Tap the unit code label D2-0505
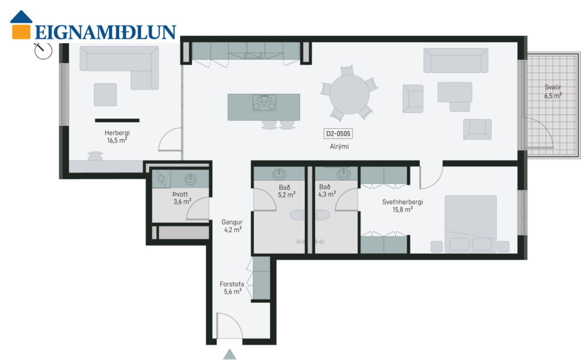click(x=338, y=134)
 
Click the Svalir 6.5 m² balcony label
click(x=552, y=90)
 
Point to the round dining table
click(x=350, y=93)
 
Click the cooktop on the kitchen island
click(x=264, y=103)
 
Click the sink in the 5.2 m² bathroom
click(x=279, y=174)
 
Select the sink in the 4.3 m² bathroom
click(x=344, y=174)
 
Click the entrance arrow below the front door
click(x=229, y=353)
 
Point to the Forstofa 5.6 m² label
click(x=232, y=288)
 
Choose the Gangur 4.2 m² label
click(x=232, y=225)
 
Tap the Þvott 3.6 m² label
click(x=181, y=198)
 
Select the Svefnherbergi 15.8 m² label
click(x=403, y=205)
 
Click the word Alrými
click(x=339, y=147)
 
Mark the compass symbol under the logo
click(x=43, y=52)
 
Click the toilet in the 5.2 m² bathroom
click(x=299, y=214)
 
